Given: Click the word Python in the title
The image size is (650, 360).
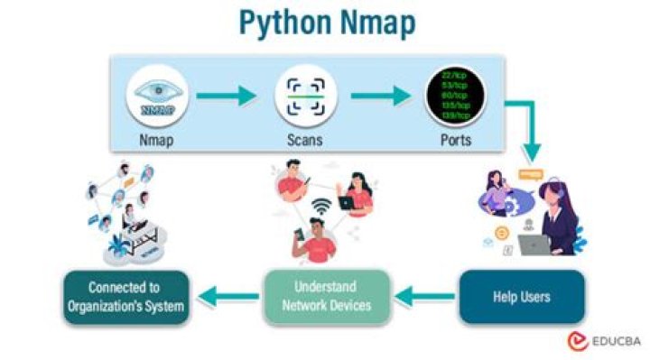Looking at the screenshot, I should coord(281,24).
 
